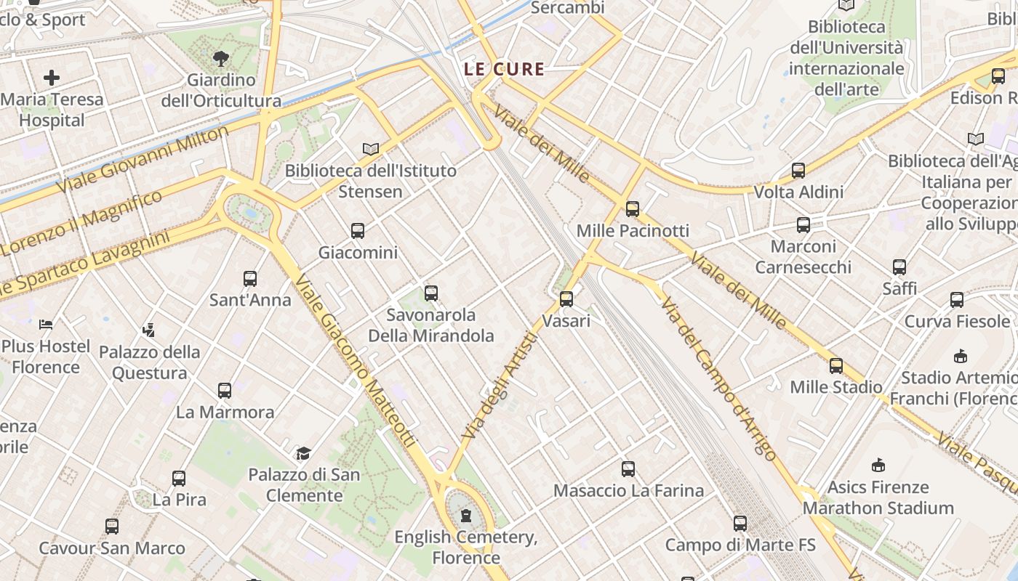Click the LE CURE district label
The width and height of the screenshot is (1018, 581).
[504, 70]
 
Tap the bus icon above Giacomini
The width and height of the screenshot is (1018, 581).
[358, 231]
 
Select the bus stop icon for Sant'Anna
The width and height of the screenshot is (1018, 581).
[250, 278]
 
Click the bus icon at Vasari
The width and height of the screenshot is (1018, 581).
[566, 298]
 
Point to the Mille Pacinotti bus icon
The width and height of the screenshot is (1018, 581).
[633, 209]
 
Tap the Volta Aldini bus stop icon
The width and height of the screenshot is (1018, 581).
[798, 171]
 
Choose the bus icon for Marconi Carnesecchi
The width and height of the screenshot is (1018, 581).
[803, 225]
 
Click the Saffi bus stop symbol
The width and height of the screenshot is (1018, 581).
[899, 267]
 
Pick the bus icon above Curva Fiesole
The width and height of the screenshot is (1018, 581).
[957, 300]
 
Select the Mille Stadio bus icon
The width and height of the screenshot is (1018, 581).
[836, 366]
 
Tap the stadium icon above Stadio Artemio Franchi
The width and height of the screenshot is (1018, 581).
[961, 356]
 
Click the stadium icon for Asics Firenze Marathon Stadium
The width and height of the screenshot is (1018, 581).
[878, 465]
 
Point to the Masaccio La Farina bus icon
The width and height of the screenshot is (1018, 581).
[628, 469]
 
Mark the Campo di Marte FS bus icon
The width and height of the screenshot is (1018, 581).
[740, 523]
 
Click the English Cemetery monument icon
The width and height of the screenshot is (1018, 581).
[465, 516]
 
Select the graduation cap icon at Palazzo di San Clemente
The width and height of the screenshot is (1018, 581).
[303, 454]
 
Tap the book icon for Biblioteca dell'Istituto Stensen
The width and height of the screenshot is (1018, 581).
[371, 149]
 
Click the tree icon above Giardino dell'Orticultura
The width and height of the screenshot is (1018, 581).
[221, 58]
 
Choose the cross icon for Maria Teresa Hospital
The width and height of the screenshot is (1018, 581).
[52, 78]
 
